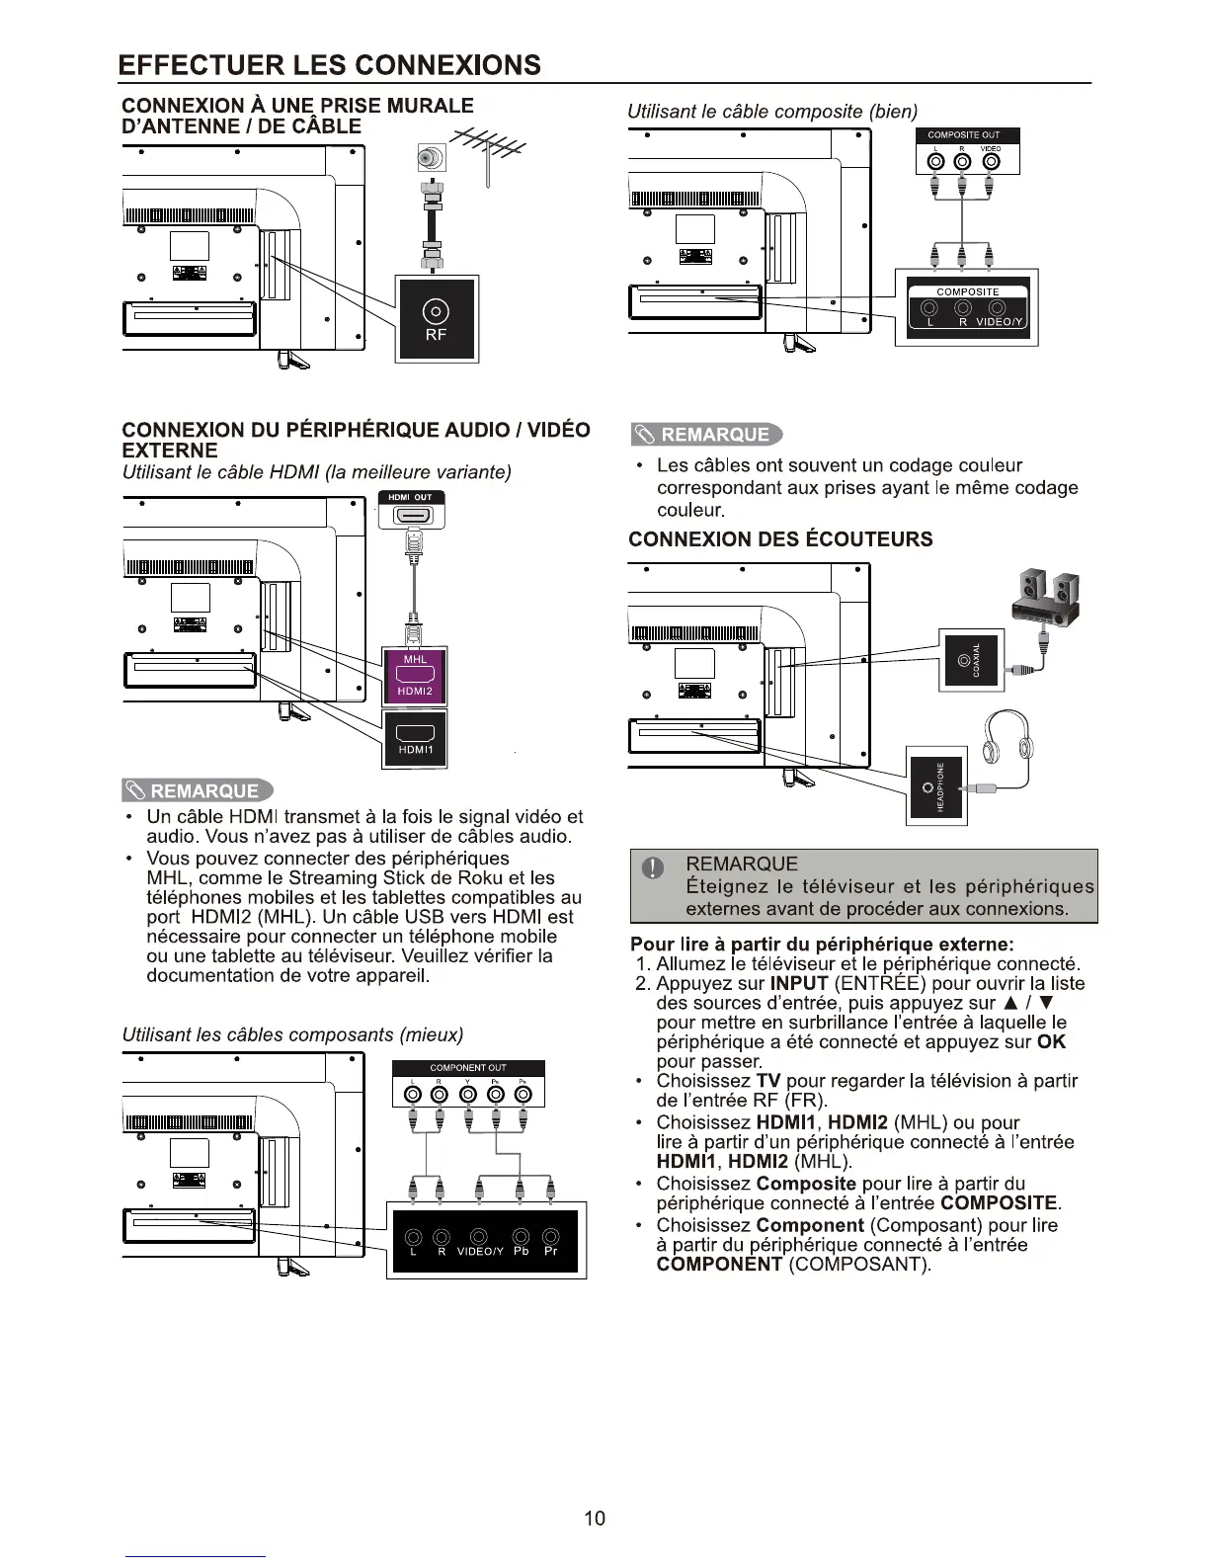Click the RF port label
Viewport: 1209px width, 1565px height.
[436, 335]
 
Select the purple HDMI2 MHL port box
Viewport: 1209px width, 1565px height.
[415, 676]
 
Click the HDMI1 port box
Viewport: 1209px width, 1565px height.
[415, 739]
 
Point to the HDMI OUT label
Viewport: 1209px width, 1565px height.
[410, 497]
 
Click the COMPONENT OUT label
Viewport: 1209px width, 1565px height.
[468, 1067]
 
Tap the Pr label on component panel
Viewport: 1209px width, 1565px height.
[551, 1251]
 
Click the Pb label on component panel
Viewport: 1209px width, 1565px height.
[522, 1251]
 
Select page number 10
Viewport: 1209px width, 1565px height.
[595, 1519]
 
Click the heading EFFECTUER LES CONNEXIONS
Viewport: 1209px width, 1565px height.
[329, 65]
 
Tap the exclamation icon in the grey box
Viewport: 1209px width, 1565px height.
[652, 868]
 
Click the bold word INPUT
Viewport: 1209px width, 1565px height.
[799, 983]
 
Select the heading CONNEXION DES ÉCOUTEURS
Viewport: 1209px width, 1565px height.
[780, 539]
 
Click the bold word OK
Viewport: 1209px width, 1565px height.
[1052, 1041]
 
